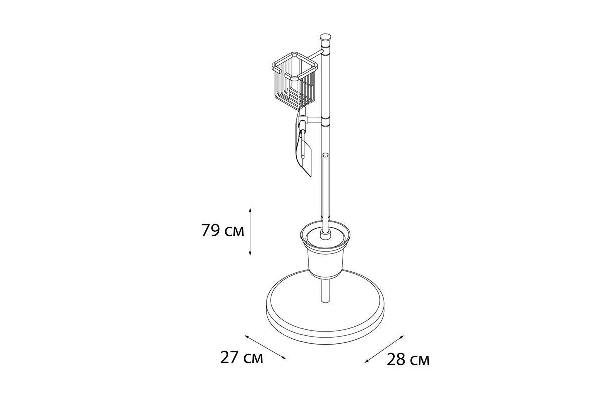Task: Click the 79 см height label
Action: [x=223, y=230]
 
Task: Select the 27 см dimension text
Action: [x=242, y=358]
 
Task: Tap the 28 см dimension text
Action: [x=408, y=359]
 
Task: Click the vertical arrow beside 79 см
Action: [x=250, y=231]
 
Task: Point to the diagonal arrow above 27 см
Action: [x=265, y=347]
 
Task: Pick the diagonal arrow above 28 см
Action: [x=384, y=349]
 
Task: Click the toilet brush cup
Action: [x=325, y=253]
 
